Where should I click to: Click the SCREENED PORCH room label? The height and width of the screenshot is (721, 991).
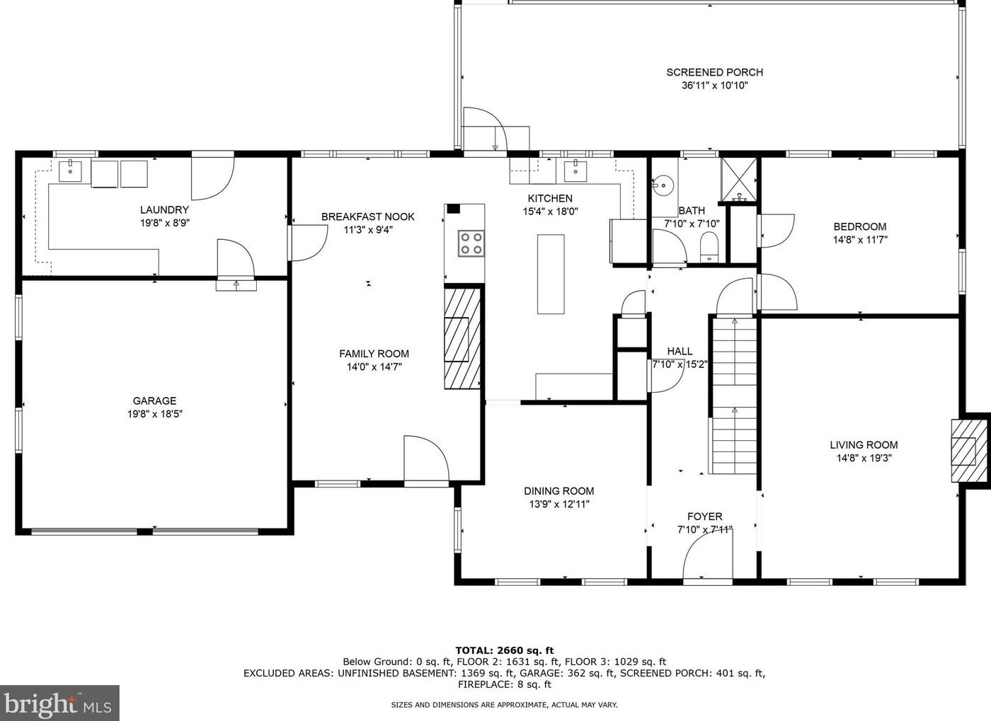[714, 72]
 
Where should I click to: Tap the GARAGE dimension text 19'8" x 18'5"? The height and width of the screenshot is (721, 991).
[155, 414]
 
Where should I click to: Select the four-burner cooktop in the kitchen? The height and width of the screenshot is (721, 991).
[471, 243]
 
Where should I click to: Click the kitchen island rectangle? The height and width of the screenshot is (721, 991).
[551, 275]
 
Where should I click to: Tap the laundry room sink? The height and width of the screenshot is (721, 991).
[70, 171]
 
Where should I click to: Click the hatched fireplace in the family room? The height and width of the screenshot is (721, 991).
[462, 339]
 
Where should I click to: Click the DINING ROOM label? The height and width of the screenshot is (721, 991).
[558, 491]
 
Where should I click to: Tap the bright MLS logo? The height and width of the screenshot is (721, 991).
[59, 703]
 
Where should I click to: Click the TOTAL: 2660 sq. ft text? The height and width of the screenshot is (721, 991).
[504, 650]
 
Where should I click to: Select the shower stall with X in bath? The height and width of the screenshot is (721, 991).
[738, 179]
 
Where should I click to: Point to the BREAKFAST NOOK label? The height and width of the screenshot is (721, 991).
[367, 217]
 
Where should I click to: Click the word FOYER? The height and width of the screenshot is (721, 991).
[705, 517]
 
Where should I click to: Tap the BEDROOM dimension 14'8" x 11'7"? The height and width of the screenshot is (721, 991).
[860, 240]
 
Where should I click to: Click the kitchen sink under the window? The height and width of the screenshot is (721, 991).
[575, 172]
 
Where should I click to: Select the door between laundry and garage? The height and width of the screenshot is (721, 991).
[236, 261]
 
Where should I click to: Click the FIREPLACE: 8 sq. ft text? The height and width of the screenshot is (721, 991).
[504, 685]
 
